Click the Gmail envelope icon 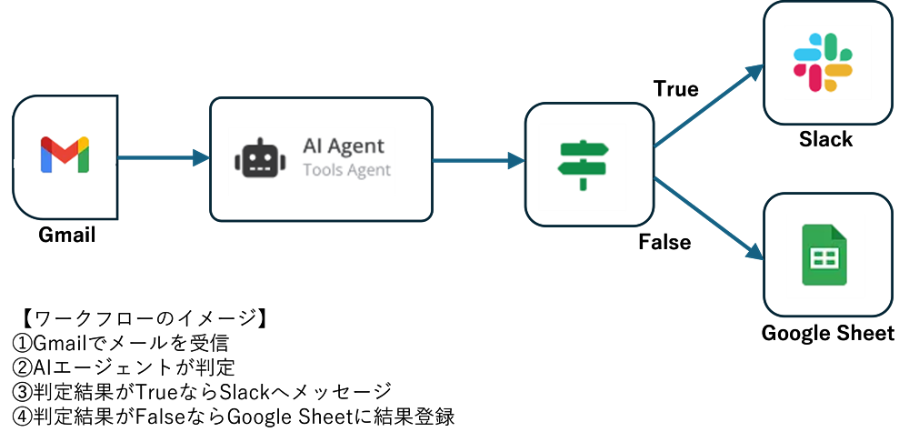[x=65, y=155]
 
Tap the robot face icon [x=260, y=160]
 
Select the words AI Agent [x=343, y=146]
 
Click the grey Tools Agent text [x=346, y=169]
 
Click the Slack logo [x=823, y=61]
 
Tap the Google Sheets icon [x=825, y=256]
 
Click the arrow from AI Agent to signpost [x=478, y=161]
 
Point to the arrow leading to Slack [x=709, y=105]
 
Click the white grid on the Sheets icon [x=824, y=259]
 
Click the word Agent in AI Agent [x=357, y=146]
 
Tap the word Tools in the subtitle [x=319, y=169]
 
